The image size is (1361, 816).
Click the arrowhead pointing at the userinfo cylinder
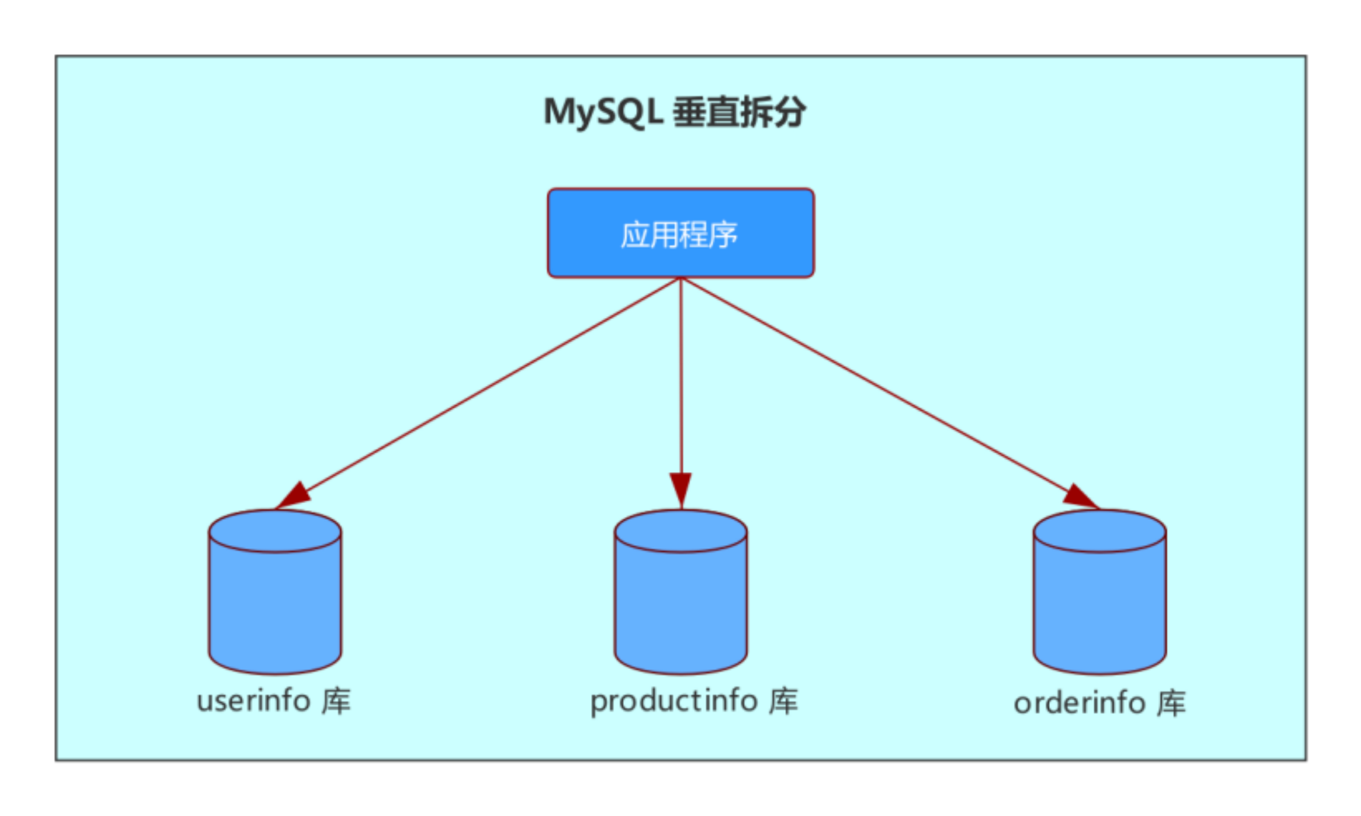click(294, 495)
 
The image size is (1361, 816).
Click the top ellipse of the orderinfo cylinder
click(1099, 531)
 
